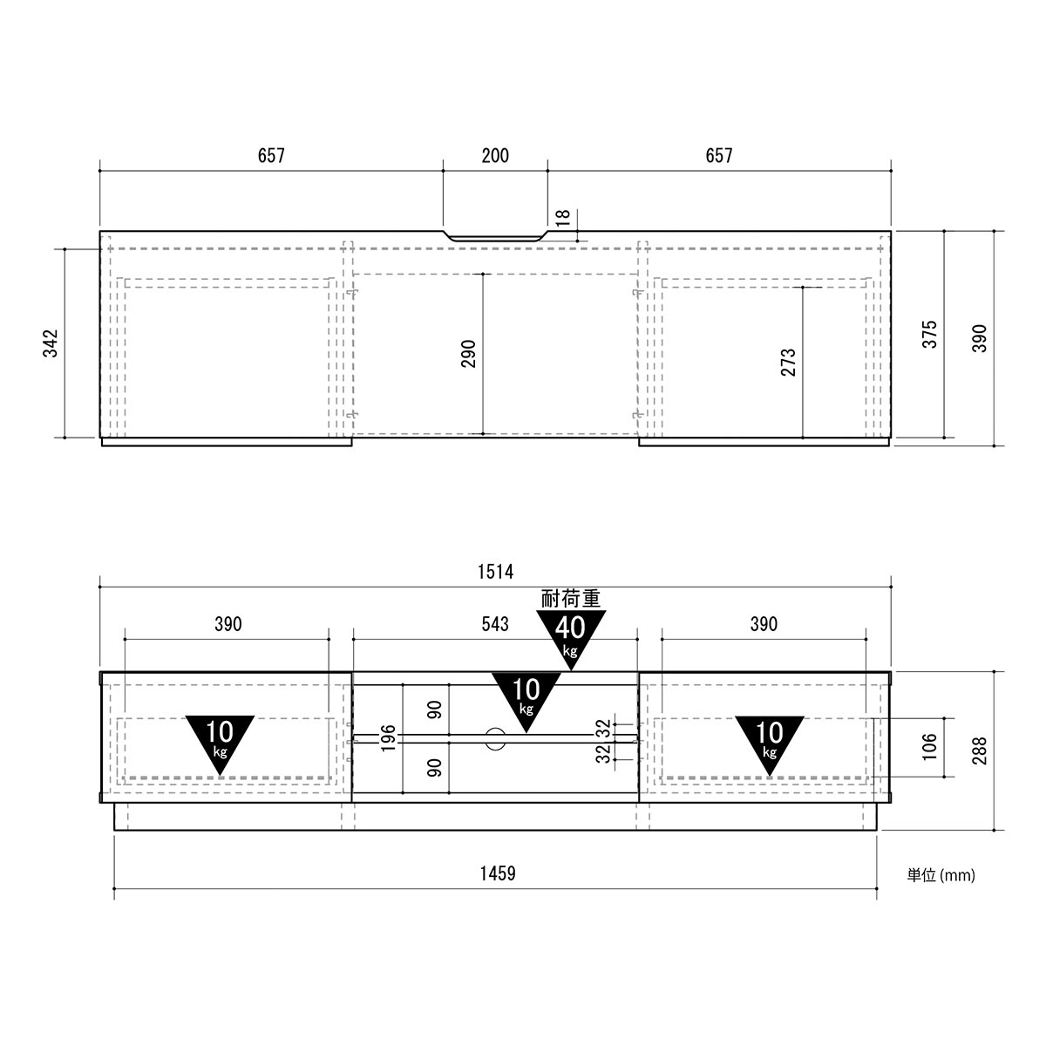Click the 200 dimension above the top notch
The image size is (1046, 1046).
[495, 156]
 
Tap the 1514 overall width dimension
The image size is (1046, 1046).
[495, 572]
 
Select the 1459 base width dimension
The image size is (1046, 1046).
[497, 873]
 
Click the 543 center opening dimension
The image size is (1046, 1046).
[495, 624]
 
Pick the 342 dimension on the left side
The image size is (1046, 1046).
[51, 343]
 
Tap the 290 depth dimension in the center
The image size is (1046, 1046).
[468, 353]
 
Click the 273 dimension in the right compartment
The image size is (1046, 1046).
[788, 363]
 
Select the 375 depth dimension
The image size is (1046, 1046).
[930, 335]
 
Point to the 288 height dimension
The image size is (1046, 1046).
[979, 751]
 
